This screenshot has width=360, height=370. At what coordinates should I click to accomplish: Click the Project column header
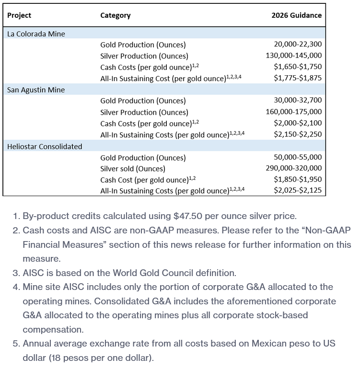tap(19, 15)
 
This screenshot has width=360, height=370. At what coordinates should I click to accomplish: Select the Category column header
tap(115, 15)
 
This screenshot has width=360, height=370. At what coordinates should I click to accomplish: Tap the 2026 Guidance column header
tap(296, 15)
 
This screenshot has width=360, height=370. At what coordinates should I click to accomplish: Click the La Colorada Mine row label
tap(36, 34)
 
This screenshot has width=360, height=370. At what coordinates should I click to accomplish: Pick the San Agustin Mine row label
tap(36, 90)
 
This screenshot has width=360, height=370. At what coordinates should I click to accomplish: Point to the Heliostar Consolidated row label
tap(45, 147)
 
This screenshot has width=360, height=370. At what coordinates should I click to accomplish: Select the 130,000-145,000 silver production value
tap(293, 56)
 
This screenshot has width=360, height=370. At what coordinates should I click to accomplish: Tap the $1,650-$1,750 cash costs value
tap(298, 67)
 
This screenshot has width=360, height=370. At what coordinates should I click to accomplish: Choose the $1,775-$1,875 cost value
tap(298, 78)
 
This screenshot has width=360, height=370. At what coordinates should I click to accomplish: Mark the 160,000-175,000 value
tap(293, 112)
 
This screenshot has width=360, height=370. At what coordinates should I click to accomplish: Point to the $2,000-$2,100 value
tap(298, 123)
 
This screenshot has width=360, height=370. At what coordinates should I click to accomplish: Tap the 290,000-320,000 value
tap(293, 168)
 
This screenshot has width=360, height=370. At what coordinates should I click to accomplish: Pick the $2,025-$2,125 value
tap(298, 191)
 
